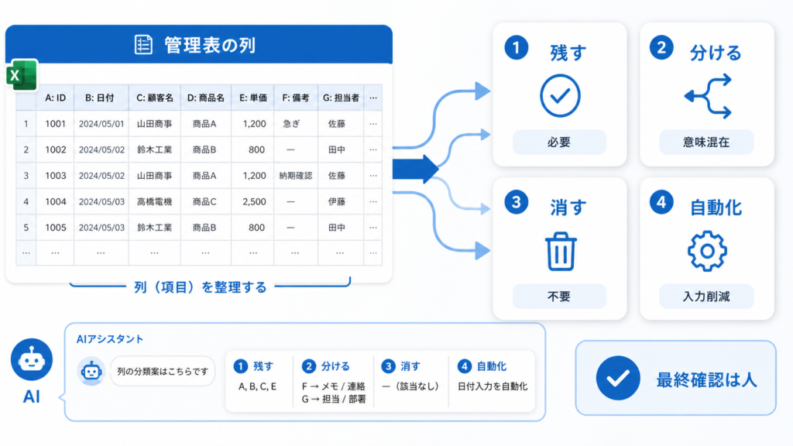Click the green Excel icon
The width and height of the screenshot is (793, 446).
click(22, 75)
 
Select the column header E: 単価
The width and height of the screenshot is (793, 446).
click(253, 98)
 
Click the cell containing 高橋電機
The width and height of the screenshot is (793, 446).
click(154, 201)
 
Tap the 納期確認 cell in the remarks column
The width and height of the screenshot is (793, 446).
click(295, 176)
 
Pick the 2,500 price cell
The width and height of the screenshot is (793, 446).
click(254, 201)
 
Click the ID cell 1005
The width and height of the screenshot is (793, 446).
click(55, 228)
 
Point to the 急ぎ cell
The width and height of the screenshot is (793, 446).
click(291, 123)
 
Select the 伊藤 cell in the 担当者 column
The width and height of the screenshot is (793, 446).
click(336, 201)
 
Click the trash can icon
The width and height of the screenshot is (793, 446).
click(561, 252)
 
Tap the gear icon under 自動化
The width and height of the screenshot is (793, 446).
click(707, 251)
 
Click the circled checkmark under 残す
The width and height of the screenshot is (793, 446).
click(560, 95)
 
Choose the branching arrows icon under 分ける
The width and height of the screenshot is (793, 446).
click(708, 96)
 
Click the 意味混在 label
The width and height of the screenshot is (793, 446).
click(706, 142)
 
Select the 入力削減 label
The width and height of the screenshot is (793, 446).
click(706, 297)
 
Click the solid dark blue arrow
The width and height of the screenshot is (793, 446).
click(415, 169)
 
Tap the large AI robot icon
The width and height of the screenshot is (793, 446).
click(31, 359)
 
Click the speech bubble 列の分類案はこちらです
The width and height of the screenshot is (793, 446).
click(163, 371)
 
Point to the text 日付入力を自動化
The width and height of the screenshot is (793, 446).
click(493, 386)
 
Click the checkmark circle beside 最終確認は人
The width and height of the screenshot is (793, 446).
click(617, 378)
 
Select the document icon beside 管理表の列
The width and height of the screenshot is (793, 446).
click(143, 44)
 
